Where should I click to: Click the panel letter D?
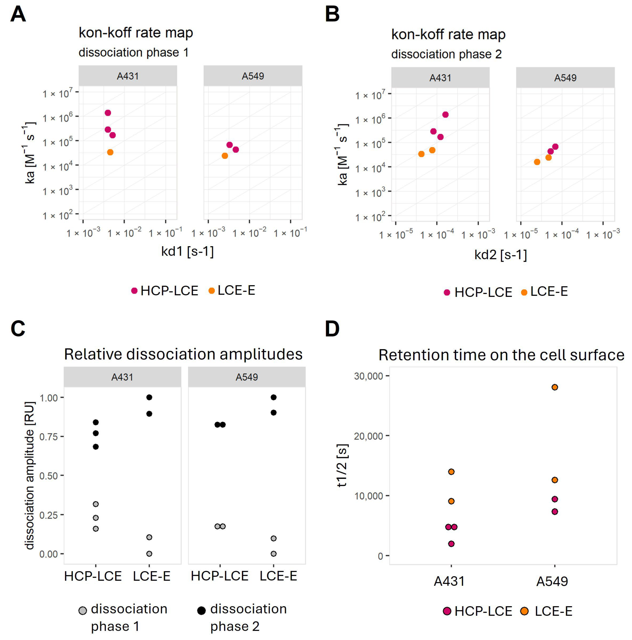[x=332, y=329]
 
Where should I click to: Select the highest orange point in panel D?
[x=555, y=387]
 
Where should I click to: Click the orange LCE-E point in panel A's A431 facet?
[x=110, y=152]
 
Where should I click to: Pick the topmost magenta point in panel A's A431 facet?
[x=108, y=113]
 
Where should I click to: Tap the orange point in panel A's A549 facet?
[x=225, y=156]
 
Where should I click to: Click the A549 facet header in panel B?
[x=565, y=78]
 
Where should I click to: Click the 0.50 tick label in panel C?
[x=48, y=476]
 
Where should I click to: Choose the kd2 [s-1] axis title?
[x=500, y=255]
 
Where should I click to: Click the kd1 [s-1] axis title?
[x=187, y=252]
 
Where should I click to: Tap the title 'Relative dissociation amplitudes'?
[x=183, y=354]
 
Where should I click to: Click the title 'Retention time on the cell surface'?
[x=501, y=355]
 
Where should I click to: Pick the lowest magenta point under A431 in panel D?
[x=451, y=544]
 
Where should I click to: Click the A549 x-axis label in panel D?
[x=552, y=581]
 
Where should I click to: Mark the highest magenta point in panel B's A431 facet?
[x=445, y=115]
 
